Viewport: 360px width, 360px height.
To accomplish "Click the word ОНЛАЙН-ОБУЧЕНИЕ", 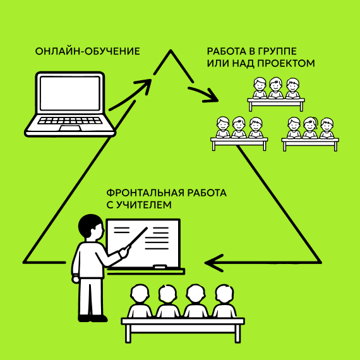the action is [88, 51].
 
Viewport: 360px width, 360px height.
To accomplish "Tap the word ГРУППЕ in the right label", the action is [277, 51].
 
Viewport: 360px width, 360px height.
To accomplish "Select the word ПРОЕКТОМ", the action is [286, 63].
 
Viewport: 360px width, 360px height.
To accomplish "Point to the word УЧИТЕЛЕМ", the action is [144, 205].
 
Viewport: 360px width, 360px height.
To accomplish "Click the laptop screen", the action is [70, 93].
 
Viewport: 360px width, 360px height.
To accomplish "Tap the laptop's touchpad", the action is [70, 128].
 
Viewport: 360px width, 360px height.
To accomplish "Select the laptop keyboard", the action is [70, 121].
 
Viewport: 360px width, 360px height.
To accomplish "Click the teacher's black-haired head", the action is [90, 226].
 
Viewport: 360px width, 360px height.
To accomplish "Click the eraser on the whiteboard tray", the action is [160, 267].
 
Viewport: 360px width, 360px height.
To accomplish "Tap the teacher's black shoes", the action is [92, 318].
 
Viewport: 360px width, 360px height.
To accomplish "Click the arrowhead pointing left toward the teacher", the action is [213, 263].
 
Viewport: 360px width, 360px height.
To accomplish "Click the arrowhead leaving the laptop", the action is [144, 85].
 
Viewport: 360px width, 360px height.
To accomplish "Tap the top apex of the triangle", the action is [171, 51].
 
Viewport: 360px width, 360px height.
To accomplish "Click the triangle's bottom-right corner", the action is [320, 262].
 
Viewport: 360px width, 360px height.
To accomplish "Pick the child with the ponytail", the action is [310, 128].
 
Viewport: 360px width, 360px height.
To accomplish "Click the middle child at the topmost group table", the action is [275, 88].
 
